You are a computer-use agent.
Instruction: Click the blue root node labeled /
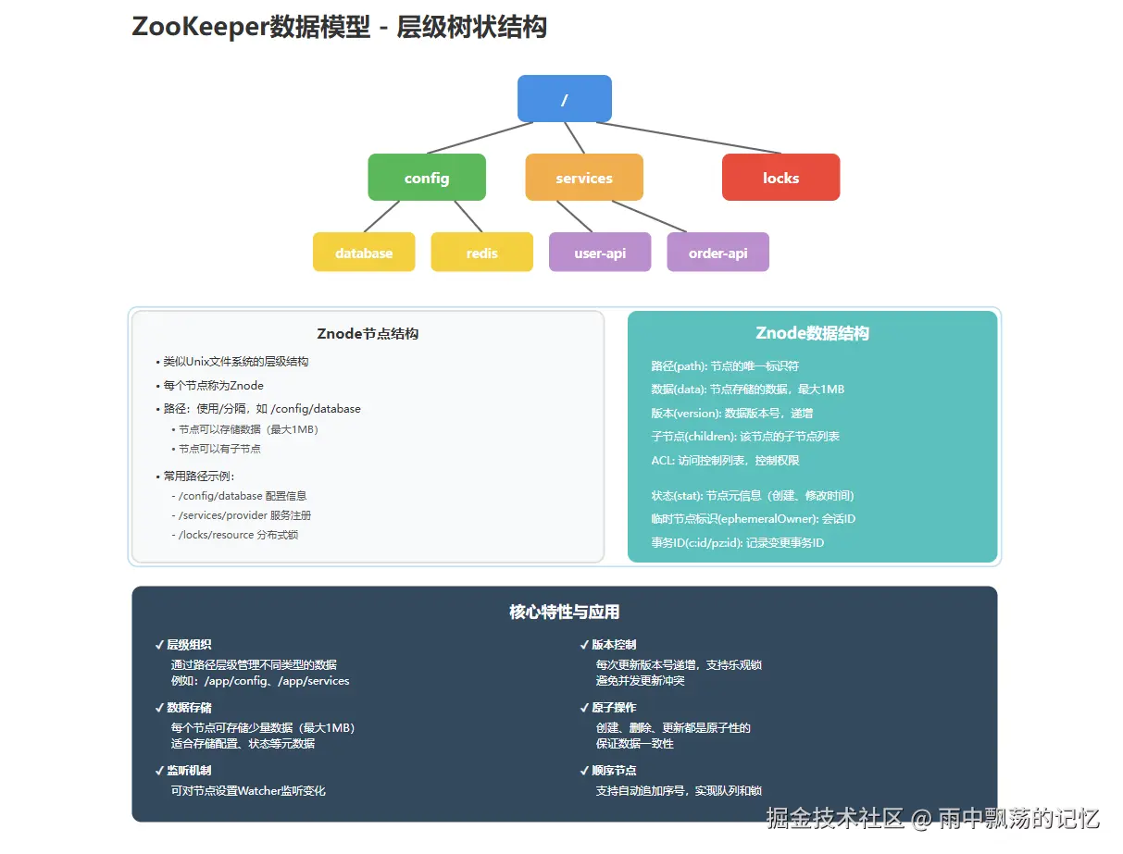[564, 98]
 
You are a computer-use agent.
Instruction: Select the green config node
[426, 177]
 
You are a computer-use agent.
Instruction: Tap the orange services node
[584, 177]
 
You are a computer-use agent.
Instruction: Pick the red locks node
[780, 177]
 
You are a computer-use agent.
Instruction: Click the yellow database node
[364, 252]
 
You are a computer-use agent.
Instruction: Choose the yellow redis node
[481, 252]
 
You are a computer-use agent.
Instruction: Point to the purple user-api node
[600, 252]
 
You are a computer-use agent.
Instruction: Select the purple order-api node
[717, 252]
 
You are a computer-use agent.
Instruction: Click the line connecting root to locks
[689, 138]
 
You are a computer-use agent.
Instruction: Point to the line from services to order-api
[649, 217]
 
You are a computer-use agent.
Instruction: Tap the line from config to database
[381, 217]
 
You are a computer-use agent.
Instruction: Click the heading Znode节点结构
[368, 334]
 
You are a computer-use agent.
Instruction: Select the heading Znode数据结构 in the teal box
[812, 333]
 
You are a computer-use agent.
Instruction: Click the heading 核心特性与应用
[564, 612]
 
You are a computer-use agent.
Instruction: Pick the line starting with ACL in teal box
[725, 461]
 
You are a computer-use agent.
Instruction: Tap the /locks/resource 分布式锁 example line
[238, 535]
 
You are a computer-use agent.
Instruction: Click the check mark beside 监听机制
[159, 771]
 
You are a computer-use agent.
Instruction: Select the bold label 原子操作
[614, 708]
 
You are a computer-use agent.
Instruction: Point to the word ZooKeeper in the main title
[200, 27]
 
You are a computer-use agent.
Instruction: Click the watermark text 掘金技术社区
[835, 818]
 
